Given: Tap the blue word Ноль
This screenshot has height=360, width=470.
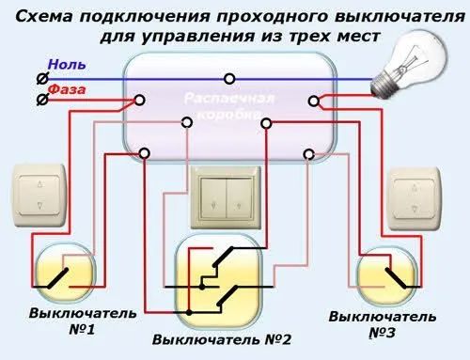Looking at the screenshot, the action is (x=67, y=65).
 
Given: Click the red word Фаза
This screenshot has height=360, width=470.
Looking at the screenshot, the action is (x=67, y=89).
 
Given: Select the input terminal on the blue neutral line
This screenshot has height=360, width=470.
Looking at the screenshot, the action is (x=42, y=79).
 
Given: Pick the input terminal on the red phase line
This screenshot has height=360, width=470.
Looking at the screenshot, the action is (x=42, y=100).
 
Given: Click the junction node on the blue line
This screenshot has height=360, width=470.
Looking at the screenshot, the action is (x=229, y=79).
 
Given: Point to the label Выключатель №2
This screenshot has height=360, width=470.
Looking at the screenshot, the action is (x=222, y=339).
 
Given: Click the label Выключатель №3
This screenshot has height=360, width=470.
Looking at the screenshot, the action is (x=383, y=324).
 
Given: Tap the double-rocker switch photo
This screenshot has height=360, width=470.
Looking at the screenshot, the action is (x=226, y=197).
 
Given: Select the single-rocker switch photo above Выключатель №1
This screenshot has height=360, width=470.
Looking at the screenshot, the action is (x=39, y=196).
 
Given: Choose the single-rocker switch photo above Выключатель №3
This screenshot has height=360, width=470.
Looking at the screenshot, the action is (x=415, y=199).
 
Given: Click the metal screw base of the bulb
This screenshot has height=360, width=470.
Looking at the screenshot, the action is (x=383, y=85).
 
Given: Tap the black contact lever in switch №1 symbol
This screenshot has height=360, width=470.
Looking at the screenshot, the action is (x=57, y=278).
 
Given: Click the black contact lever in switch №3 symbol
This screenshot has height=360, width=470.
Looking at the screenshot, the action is (x=396, y=278).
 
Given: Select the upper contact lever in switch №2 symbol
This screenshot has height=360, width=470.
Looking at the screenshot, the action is (x=223, y=257).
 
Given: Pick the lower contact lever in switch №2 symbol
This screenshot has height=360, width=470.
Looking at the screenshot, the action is (x=227, y=295).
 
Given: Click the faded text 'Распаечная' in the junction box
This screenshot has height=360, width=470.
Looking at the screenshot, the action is (x=229, y=98).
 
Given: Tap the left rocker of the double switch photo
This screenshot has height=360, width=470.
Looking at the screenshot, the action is (x=213, y=198).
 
